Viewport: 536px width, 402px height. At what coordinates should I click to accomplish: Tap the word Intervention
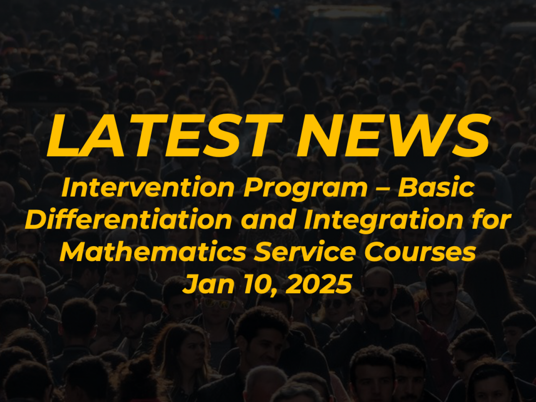(148, 188)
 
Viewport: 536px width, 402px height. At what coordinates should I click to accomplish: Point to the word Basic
(436, 188)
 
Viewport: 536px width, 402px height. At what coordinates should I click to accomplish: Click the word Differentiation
(129, 220)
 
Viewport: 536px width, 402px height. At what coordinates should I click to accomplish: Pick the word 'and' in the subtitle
(268, 220)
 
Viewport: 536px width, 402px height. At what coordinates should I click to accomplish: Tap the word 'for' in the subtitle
(492, 220)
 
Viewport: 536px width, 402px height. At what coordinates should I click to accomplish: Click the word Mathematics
(153, 252)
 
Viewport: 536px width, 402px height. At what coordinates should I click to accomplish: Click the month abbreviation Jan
(208, 284)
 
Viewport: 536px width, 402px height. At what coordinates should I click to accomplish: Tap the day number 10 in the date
(257, 284)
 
